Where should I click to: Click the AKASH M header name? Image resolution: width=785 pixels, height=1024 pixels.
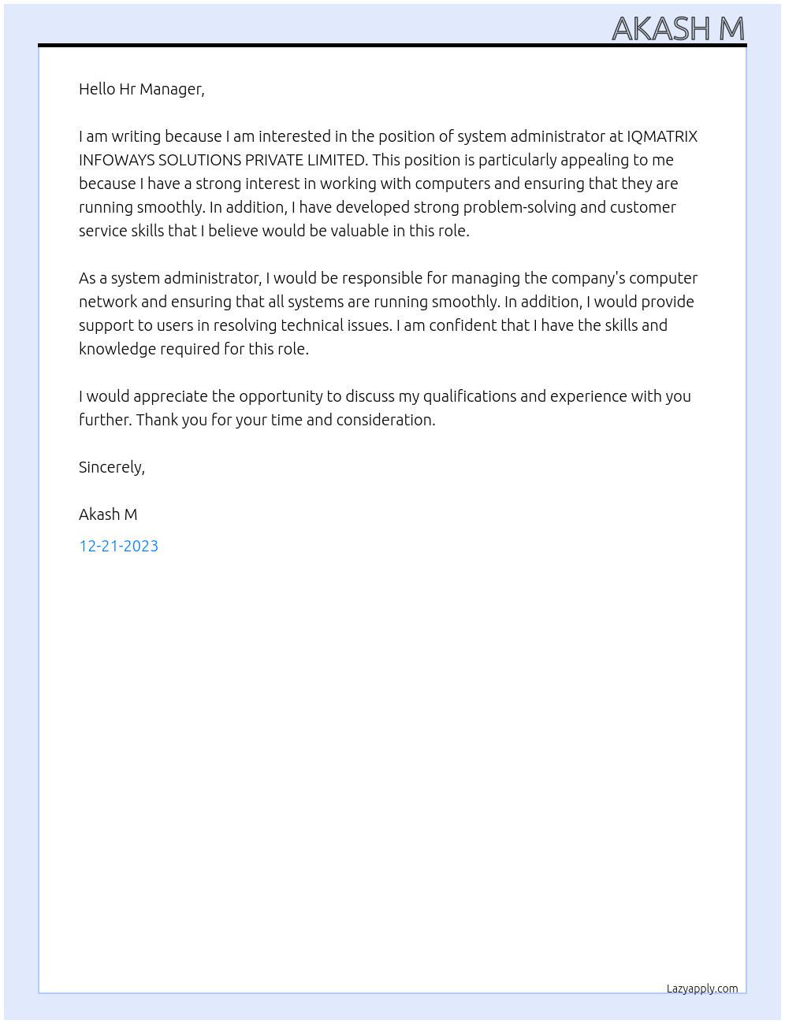click(678, 28)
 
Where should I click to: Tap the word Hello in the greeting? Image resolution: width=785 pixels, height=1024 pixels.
click(97, 89)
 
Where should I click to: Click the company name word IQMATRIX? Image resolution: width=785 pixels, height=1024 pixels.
click(662, 136)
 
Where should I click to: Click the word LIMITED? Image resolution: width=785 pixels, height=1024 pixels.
click(337, 160)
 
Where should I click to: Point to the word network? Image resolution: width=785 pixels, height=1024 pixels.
click(108, 302)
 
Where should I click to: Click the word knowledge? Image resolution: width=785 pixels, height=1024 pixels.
click(117, 349)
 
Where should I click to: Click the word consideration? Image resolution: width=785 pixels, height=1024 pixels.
click(385, 420)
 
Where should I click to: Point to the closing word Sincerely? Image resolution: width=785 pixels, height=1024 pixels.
click(111, 467)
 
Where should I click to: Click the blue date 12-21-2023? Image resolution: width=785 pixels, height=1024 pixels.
click(118, 546)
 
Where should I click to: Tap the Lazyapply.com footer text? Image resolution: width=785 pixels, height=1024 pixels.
click(702, 989)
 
